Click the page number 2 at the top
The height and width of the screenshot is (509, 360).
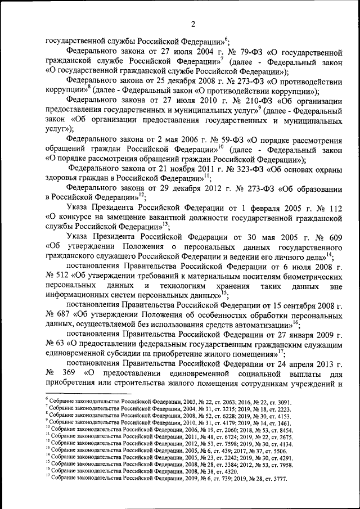[x=193, y=24]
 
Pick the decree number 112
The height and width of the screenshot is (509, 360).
[x=334, y=207]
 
